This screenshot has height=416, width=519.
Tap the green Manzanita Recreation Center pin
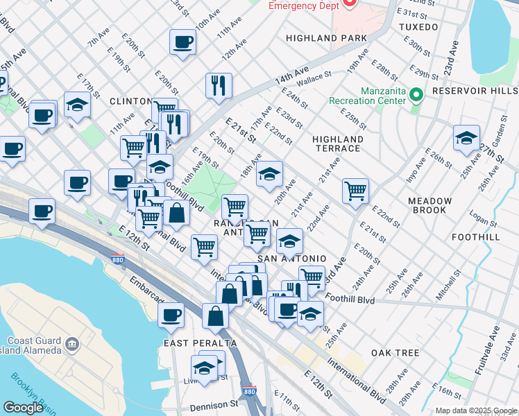[x=416, y=94]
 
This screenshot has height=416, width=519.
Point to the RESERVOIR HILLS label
[x=474, y=91]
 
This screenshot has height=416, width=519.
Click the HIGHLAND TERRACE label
[x=337, y=144]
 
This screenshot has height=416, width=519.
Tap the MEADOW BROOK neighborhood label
[x=429, y=205]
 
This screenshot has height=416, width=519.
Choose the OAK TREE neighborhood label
[x=395, y=353]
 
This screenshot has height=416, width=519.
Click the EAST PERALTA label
[x=201, y=343]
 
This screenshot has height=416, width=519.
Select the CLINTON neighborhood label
[x=130, y=101]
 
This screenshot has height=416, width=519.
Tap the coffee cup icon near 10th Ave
[x=183, y=42]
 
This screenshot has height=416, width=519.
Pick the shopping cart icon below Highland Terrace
[x=355, y=191]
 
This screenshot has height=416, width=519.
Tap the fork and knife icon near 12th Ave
[x=219, y=85]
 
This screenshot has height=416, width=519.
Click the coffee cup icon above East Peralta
[x=171, y=315]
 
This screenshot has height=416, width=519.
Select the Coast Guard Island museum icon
[x=71, y=344]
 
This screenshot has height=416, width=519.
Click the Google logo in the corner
[x=23, y=408]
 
